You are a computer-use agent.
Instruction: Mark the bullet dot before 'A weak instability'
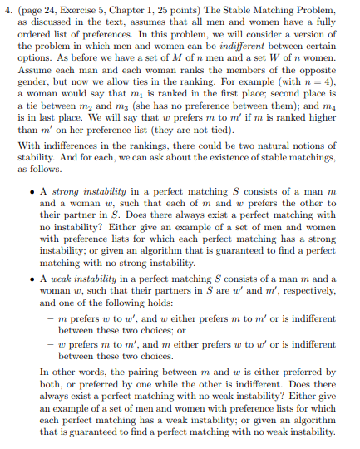pos(31,269)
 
